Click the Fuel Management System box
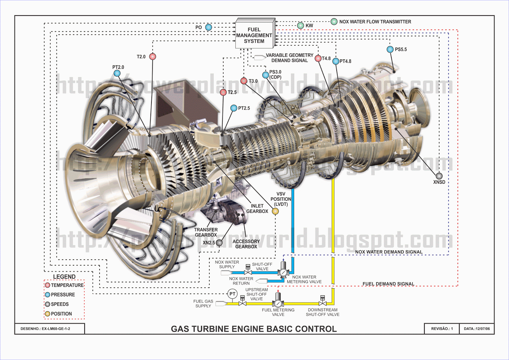pos(254,35)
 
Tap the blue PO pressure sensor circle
pos(209,27)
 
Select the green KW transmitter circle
pos(301,25)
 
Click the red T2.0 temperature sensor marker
pos(153,57)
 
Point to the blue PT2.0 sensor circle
pos(117,74)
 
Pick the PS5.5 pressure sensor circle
pos(390,49)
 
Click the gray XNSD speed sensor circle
pos(439,176)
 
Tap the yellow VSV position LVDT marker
pos(275,211)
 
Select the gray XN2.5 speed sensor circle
pos(219,243)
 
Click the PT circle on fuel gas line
pos(233,294)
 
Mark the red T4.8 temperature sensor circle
pos(318,59)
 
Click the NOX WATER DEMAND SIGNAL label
pos(389,252)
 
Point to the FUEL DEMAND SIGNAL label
pos(388,284)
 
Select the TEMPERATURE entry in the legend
pos(67,285)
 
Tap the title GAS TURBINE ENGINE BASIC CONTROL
pos(254,329)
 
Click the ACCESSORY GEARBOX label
pos(246,244)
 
